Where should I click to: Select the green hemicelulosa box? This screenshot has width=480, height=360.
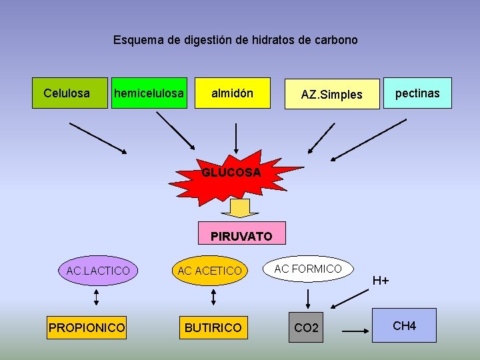point(149,93)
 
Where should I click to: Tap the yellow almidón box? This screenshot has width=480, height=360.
point(232,93)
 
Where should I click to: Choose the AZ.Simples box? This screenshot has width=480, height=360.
point(331,94)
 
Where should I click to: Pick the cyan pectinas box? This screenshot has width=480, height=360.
point(417,93)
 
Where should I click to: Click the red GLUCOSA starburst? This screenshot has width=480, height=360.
point(231,173)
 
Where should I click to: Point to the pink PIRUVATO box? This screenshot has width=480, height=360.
point(242,234)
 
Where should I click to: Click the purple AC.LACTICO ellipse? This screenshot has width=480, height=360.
point(98,270)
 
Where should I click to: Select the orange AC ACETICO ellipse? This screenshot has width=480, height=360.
point(209,270)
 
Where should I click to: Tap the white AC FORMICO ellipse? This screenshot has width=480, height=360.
point(308,269)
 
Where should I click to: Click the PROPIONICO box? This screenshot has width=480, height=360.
point(87,327)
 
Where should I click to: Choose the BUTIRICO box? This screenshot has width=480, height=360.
point(213,327)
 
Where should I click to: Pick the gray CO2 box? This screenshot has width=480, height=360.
point(306,327)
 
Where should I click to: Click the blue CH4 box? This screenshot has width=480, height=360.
point(405,325)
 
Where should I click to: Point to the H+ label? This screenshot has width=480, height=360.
point(381,281)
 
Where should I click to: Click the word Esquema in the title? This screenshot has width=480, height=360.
point(138,40)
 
